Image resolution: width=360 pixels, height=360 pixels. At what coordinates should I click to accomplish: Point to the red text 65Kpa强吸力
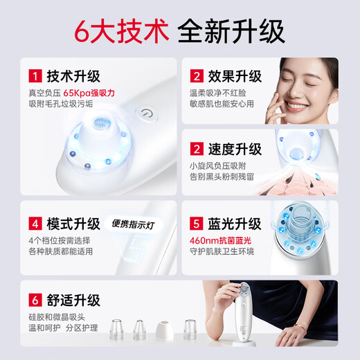pos(88,92)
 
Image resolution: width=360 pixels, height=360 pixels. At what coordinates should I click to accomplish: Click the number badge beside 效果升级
pos(197,76)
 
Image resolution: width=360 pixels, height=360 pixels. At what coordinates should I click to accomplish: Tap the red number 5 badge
pos(197,224)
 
